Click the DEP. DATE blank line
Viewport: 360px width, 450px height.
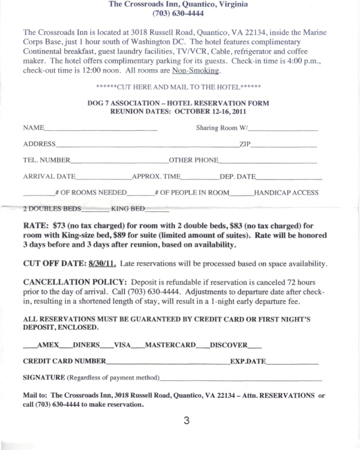(x=289, y=179)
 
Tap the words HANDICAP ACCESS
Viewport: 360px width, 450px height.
(x=286, y=193)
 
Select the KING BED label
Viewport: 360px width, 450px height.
(x=128, y=209)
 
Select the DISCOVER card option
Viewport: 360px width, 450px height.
(x=229, y=345)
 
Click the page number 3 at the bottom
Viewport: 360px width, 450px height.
(x=186, y=421)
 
